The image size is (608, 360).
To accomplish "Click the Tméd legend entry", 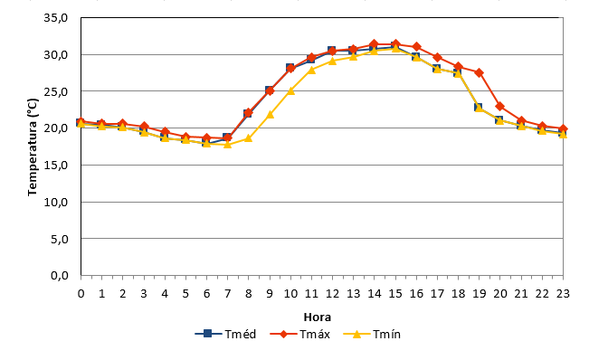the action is (x=225, y=334).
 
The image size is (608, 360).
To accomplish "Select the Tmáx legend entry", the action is (x=300, y=334).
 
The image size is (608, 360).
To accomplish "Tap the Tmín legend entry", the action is (x=372, y=334).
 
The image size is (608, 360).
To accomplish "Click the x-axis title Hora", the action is (x=318, y=317).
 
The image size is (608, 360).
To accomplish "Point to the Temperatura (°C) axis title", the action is (x=33, y=147).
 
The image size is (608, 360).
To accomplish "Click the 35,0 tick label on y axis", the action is (x=56, y=18).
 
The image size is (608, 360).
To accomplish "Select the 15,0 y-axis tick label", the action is (x=56, y=166).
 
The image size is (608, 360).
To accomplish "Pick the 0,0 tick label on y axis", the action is (x=60, y=276).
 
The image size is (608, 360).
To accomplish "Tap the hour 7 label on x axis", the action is (x=228, y=294).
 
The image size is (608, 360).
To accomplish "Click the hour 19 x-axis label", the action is (x=480, y=294).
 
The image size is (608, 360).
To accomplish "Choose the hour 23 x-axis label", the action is (x=563, y=294).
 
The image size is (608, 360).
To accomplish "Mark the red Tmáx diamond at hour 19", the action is (x=480, y=73).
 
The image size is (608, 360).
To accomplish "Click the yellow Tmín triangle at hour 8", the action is (x=249, y=138).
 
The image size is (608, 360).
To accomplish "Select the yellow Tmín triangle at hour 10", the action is (x=290, y=90).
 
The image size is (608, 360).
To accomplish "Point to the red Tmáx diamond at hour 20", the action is (x=500, y=106).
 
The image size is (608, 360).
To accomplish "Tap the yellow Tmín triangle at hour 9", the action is (x=270, y=114).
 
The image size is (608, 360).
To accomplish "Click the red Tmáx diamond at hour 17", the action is (x=437, y=58).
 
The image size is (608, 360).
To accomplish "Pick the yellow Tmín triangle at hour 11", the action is (x=312, y=71).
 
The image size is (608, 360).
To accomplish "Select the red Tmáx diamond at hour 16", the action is (x=416, y=47).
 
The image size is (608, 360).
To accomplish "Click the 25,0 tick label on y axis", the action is (x=56, y=91).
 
